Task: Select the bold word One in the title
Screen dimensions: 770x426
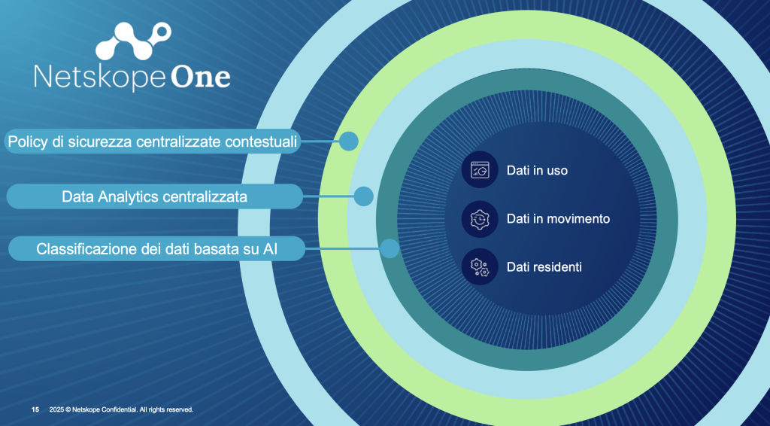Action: [201, 77]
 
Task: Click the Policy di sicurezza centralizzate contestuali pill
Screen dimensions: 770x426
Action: [153, 141]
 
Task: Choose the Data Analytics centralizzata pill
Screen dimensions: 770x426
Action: [155, 196]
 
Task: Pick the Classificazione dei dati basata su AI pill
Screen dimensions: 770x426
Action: [157, 248]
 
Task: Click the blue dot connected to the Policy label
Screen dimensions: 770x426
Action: [349, 141]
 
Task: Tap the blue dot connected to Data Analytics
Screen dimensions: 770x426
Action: [363, 196]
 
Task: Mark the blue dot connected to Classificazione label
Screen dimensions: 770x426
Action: [390, 248]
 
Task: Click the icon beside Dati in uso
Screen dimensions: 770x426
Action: [480, 170]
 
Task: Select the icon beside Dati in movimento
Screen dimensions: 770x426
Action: [480, 219]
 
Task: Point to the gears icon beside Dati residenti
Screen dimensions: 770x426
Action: [480, 266]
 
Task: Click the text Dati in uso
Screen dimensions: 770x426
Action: [537, 171]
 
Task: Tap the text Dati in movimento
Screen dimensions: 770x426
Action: [559, 219]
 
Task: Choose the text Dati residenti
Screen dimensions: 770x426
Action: [544, 266]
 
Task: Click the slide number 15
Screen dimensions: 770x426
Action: [35, 409]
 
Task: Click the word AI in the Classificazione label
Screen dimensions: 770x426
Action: [270, 249]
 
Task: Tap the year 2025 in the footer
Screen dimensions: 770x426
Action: [56, 409]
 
